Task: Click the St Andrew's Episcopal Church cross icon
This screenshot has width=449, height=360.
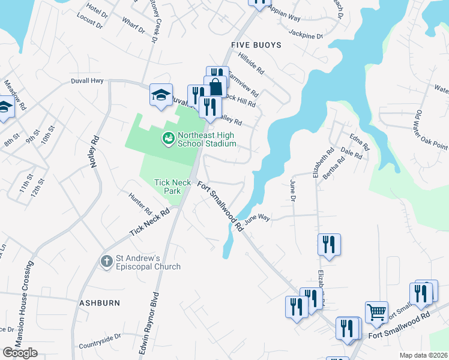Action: pyautogui.click(x=106, y=261)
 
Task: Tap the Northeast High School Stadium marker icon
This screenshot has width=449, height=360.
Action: pyautogui.click(x=168, y=139)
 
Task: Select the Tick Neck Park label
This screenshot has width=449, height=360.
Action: pyautogui.click(x=167, y=187)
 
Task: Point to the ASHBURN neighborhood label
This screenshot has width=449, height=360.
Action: pyautogui.click(x=100, y=304)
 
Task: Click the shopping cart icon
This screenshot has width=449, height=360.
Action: pyautogui.click(x=376, y=311)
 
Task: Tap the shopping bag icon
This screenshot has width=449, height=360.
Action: pyautogui.click(x=215, y=86)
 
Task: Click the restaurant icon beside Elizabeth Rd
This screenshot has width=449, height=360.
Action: pyautogui.click(x=329, y=244)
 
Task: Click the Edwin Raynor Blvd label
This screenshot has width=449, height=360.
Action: pyautogui.click(x=151, y=325)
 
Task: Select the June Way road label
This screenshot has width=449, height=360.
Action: pyautogui.click(x=257, y=219)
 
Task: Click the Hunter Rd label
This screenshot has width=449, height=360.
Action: pyautogui.click(x=140, y=202)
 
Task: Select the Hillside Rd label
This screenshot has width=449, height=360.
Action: pyautogui.click(x=251, y=62)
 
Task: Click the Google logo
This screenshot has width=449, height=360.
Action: pyautogui.click(x=20, y=352)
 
